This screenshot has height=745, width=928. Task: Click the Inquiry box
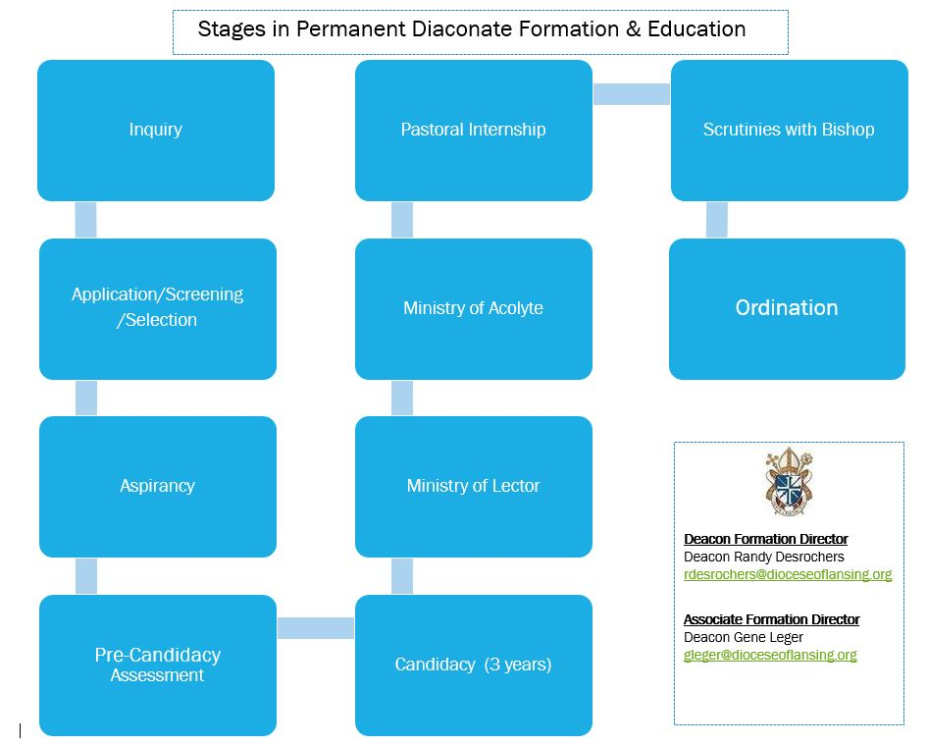(155, 130)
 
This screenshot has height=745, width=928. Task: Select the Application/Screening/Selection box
(157, 307)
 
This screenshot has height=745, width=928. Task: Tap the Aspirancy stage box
(157, 486)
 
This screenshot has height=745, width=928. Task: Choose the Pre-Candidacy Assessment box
(157, 665)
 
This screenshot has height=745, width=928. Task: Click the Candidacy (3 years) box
(473, 665)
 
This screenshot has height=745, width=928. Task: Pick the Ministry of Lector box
(473, 486)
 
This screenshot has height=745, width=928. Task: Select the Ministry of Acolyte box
(473, 307)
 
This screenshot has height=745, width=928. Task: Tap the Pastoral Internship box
(473, 130)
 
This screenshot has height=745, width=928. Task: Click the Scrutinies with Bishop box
(789, 130)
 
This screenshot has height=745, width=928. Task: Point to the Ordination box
(787, 308)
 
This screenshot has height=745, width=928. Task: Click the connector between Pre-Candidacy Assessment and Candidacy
(315, 628)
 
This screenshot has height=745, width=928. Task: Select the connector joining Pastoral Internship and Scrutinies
(632, 94)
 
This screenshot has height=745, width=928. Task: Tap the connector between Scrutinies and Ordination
(716, 220)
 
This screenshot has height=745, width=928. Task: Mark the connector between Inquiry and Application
(85, 220)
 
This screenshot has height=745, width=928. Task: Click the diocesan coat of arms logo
(789, 483)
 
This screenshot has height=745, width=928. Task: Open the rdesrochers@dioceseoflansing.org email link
(788, 575)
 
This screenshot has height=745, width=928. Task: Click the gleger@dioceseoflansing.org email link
(770, 656)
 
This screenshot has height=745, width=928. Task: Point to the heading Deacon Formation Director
(765, 539)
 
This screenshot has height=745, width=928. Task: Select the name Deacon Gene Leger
(744, 638)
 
